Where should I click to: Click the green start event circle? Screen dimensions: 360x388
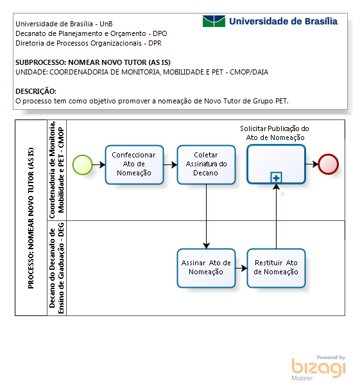pos(83,165)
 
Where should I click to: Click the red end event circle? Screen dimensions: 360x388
pos(328,164)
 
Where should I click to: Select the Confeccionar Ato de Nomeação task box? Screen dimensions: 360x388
pos(134,165)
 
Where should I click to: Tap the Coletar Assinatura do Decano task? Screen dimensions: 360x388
pos(206,165)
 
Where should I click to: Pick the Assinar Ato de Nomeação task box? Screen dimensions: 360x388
pos(206,269)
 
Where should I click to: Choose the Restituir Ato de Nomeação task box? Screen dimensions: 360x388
pos(276,269)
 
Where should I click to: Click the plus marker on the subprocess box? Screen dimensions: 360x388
pos(276,178)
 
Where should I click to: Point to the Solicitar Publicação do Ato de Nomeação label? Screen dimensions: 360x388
pos(275,133)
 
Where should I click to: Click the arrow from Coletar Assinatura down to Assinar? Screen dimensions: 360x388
pos(206,216)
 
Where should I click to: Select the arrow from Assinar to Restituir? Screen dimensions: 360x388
pos(241,268)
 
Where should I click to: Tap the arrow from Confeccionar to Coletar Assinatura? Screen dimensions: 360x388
pos(170,164)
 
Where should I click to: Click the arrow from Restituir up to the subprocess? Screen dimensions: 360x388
pos(276,216)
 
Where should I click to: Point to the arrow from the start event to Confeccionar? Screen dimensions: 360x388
pos(99,164)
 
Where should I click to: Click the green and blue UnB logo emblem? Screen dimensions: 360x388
pos(214,21)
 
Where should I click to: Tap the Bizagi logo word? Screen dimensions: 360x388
pos(319,367)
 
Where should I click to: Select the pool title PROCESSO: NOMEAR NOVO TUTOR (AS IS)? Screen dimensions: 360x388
pos(31,218)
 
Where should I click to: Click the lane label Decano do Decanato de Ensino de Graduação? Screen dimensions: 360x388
pos(56,269)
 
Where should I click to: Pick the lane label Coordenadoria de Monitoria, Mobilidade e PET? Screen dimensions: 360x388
pos(56,170)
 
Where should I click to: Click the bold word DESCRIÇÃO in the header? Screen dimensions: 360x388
pos(35,91)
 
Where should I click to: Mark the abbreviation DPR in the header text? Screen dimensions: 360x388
pos(155,43)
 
